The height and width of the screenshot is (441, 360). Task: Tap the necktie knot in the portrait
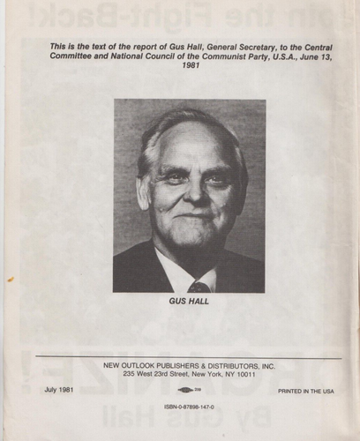coord(199,286)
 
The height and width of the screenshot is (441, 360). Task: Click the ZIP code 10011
coord(245,374)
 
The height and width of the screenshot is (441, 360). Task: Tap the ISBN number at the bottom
coord(190,407)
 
